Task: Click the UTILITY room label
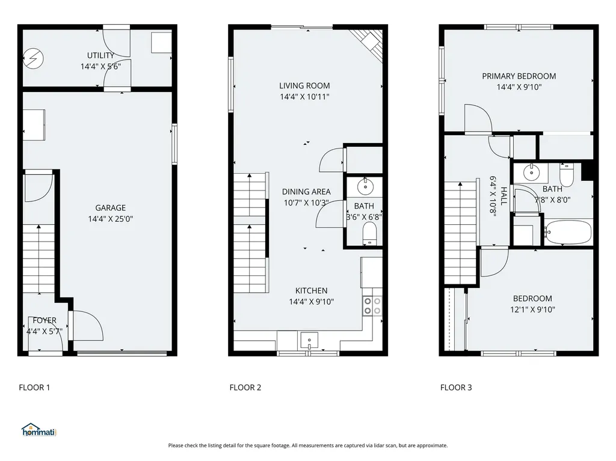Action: tap(100, 55)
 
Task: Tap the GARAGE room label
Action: tap(111, 208)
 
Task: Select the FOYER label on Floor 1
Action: tap(45, 320)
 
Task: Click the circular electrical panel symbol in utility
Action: tap(33, 59)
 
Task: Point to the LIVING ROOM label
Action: tap(304, 85)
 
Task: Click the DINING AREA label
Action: tap(306, 192)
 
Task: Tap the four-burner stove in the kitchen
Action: tap(372, 306)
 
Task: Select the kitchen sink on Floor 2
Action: tap(310, 340)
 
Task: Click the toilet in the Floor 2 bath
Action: tap(369, 234)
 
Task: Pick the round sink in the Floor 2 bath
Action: tap(365, 187)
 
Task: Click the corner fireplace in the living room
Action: tap(369, 43)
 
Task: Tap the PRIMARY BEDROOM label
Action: tap(519, 76)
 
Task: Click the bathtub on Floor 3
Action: tap(568, 233)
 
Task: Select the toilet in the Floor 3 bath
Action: tap(567, 175)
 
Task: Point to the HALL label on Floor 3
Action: tap(504, 195)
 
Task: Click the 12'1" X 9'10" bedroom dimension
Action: tap(532, 310)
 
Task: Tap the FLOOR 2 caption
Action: tap(245, 388)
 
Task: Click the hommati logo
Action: tap(39, 430)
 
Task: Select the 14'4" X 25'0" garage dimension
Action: tap(111, 219)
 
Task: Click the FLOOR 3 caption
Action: tap(456, 388)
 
